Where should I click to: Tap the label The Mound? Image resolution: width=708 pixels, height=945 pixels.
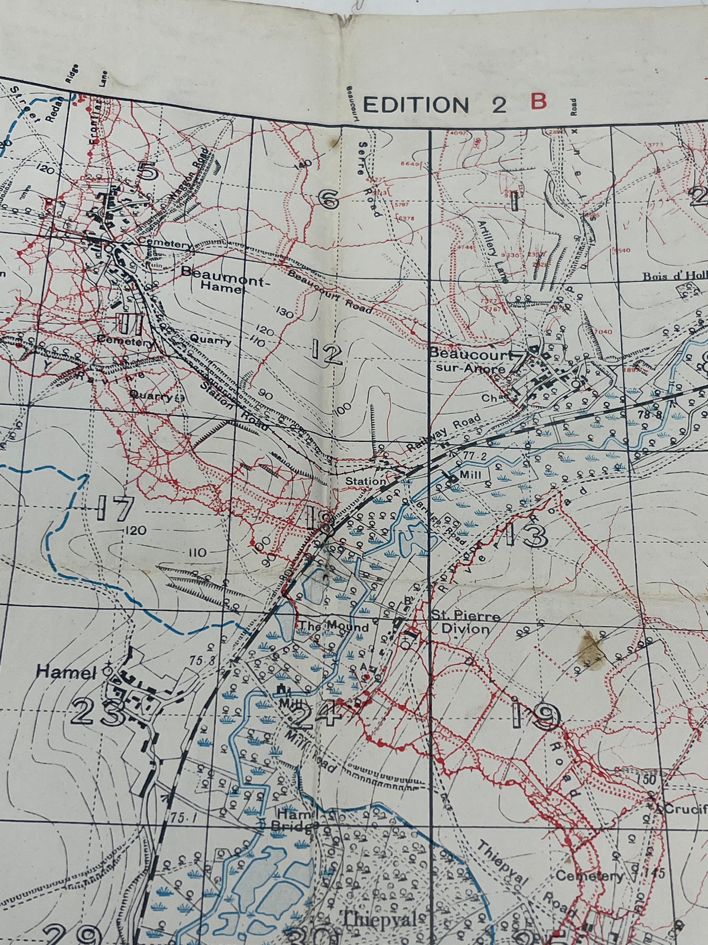[x=334, y=627]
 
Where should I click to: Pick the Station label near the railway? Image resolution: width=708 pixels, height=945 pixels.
[x=365, y=481]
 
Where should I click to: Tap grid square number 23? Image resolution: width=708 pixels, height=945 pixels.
[x=99, y=712]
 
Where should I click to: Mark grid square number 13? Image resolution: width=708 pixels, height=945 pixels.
[x=526, y=535]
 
